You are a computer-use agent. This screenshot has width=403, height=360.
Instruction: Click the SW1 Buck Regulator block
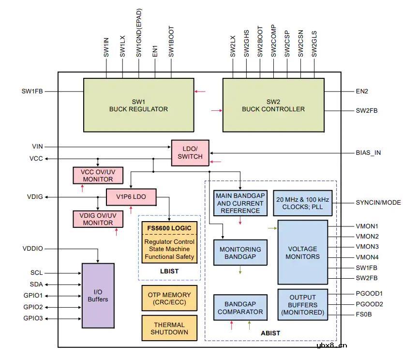click(138, 105)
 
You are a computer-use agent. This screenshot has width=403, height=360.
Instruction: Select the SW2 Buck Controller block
click(273, 105)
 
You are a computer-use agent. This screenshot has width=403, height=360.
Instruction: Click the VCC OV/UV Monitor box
click(97, 175)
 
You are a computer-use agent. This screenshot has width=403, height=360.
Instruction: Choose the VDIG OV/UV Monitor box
click(97, 219)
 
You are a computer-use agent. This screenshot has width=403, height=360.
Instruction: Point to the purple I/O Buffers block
click(98, 295)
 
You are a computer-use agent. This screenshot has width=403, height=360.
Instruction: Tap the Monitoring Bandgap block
click(240, 252)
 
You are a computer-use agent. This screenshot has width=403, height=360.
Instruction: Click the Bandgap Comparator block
click(240, 307)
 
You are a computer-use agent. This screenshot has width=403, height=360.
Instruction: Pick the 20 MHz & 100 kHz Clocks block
click(303, 203)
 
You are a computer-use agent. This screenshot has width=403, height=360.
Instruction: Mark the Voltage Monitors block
click(303, 252)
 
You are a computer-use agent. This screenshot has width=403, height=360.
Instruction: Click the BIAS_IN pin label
click(368, 152)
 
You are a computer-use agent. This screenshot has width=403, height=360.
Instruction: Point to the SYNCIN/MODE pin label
click(378, 202)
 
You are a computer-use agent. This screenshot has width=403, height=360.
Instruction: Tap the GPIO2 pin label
click(33, 307)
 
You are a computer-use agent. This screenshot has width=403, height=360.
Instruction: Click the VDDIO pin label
click(32, 249)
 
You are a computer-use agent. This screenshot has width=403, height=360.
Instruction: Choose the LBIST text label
click(169, 271)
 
